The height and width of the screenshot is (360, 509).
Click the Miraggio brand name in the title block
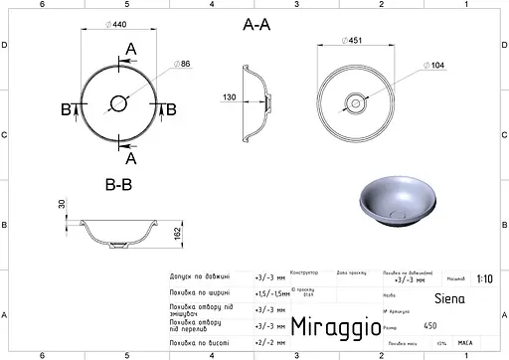329,326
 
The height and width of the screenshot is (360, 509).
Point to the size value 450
429,325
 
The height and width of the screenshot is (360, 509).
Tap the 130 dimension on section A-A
229,97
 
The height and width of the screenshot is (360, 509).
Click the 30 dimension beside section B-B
61,204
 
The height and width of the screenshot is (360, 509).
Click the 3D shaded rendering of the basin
394,199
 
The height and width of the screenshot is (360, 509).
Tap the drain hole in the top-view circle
119,101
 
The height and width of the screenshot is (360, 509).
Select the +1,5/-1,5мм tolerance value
268,293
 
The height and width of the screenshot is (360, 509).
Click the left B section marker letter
67,108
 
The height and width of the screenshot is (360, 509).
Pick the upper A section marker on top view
131,50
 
